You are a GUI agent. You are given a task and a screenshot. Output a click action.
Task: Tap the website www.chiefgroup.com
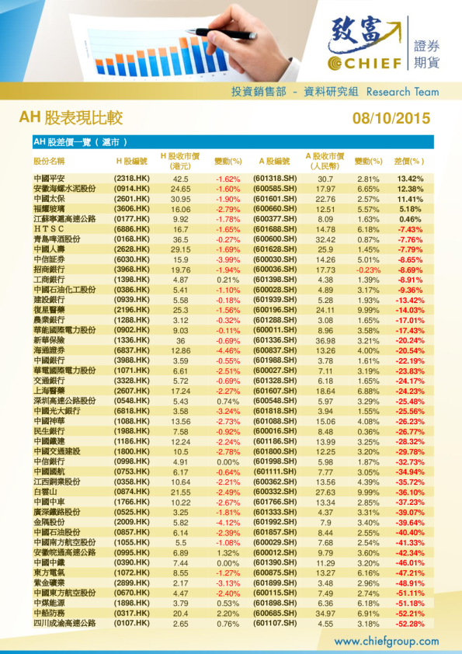coord(386,642)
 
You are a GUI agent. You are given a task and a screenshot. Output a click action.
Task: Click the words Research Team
coord(402,92)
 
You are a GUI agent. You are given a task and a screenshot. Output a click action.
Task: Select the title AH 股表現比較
coord(71,118)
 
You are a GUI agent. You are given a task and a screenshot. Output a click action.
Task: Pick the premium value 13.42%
coord(410,179)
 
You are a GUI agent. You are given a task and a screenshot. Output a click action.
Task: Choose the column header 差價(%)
coord(409,162)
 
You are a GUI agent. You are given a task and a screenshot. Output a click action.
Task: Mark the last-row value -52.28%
coord(410,623)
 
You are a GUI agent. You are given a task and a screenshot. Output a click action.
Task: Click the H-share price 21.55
coord(181,492)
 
